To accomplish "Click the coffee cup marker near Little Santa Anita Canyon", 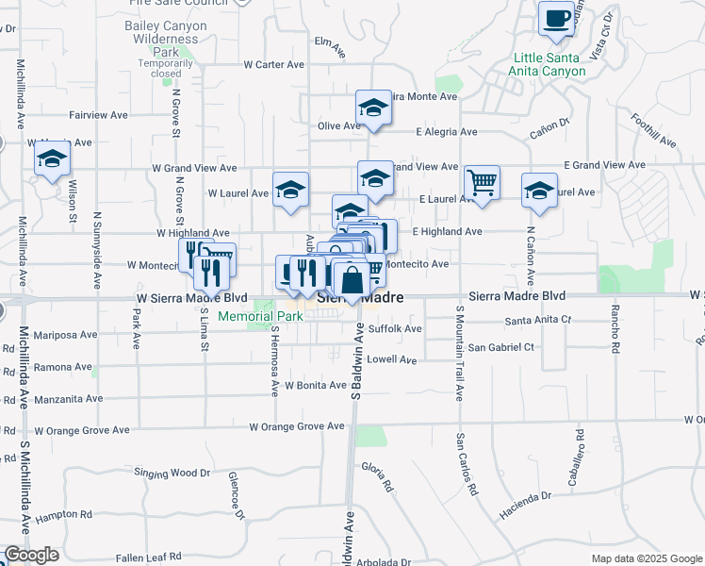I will (556, 18).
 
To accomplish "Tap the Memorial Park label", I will (260, 316).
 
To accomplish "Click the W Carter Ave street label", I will (273, 65).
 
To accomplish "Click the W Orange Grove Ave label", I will (297, 426).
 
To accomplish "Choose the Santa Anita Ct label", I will (538, 320).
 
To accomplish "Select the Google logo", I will (31, 555).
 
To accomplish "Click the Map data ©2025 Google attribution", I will (646, 558).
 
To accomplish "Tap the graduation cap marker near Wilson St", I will (53, 162).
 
